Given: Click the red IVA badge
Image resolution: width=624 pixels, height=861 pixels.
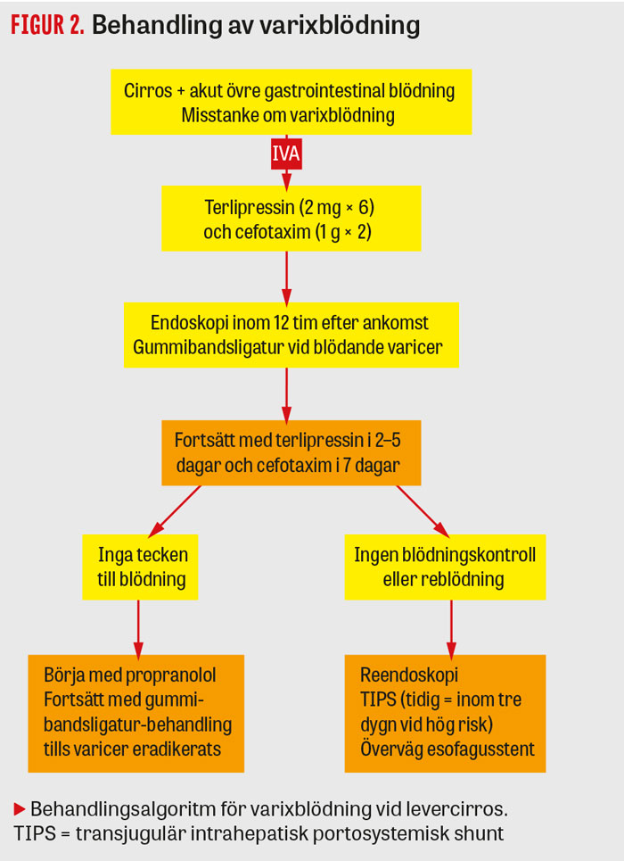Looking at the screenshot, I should click(x=286, y=153).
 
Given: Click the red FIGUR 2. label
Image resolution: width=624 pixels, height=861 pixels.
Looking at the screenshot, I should click(x=47, y=26).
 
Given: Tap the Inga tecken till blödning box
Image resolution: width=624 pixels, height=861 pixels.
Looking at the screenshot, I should click(x=142, y=567).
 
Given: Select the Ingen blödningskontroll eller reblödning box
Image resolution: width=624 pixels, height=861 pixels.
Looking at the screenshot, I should click(x=444, y=567).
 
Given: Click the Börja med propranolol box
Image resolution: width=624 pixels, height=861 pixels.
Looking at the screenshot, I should click(x=136, y=711).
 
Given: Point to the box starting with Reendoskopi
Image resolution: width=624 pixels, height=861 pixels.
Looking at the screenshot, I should click(x=444, y=711).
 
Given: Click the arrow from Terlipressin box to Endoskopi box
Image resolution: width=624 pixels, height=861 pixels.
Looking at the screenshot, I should click(x=287, y=277).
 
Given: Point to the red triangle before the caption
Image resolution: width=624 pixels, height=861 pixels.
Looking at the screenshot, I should click(x=20, y=809).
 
